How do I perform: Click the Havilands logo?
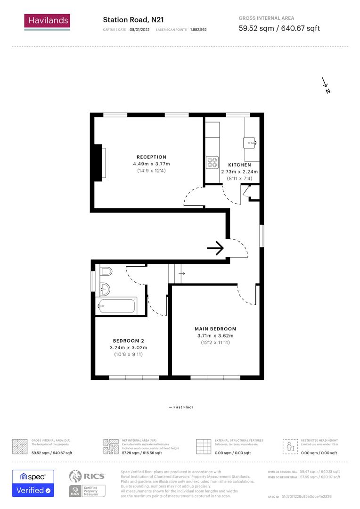click(47, 21)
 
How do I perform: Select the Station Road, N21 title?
click(133, 20)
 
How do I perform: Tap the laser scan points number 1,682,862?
click(198, 30)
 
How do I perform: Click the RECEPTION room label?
click(151, 157)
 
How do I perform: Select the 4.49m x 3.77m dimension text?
click(151, 164)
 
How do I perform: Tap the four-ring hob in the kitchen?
click(212, 163)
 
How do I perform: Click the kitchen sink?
click(250, 141)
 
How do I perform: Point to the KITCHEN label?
click(239, 165)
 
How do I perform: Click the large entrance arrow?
click(215, 248)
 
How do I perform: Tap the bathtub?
click(117, 305)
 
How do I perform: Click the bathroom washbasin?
click(105, 288)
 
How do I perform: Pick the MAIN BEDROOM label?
click(215, 329)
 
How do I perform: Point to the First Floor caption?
click(181, 407)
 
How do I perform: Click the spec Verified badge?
click(33, 484)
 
